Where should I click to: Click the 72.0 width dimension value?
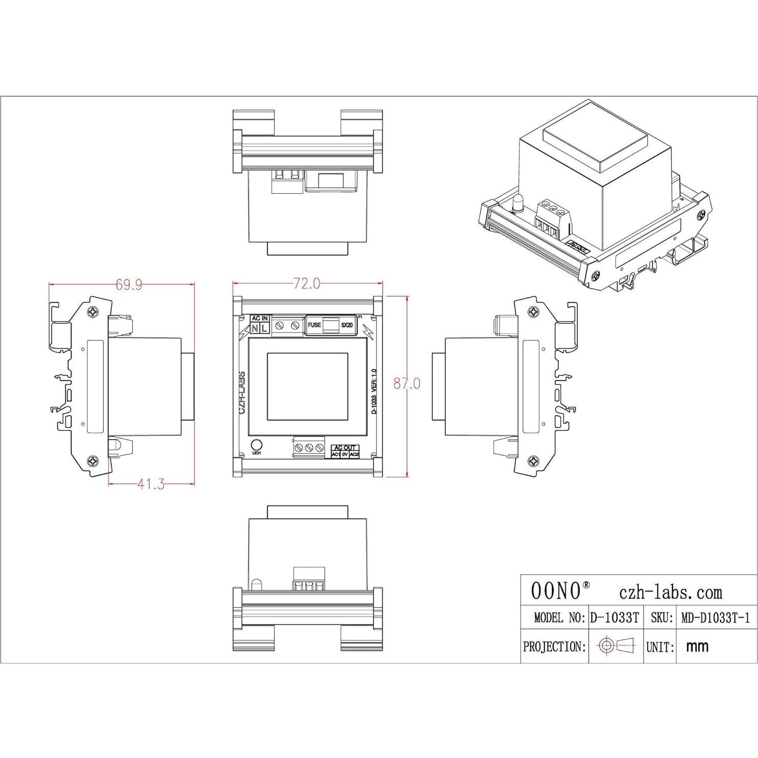pos(307,283)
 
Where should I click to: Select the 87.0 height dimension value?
pos(406,383)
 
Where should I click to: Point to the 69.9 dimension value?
pos(129,284)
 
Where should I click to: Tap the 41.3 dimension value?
pos(151,484)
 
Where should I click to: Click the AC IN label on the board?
pos(259,318)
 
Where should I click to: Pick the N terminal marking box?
pos(255,329)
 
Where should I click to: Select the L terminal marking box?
pos(264,329)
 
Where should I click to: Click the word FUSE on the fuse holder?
pos(314,325)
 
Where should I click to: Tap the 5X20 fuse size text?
pos(347,325)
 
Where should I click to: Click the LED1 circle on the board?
pos(257,444)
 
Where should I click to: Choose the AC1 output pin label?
pos(336,454)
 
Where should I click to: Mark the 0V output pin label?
pos(345,454)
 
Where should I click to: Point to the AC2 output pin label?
pos(355,454)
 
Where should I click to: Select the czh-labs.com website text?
pos(670,592)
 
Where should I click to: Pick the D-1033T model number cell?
pos(614,618)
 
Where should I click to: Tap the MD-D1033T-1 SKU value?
pos(715,618)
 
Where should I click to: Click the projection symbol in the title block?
pos(617,646)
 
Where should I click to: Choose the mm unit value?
pos(697,647)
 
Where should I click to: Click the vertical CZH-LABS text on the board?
pos(243,393)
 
